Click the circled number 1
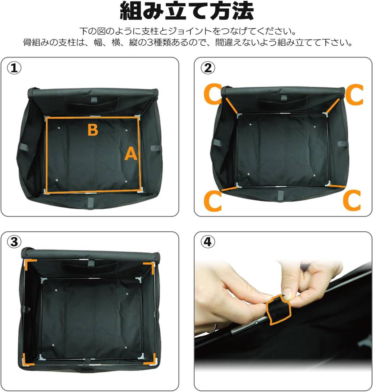coord(14,68)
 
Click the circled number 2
coord(208,68)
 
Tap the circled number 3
coord(14,242)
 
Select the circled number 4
coord(208,242)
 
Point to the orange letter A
coord(131,154)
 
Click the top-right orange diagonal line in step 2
coord(333,106)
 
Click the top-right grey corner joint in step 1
coord(138,117)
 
